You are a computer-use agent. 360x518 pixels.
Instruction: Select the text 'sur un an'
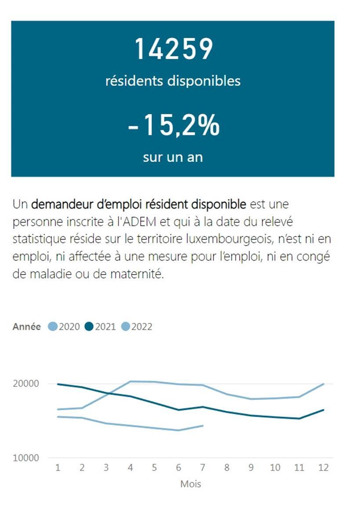[x=173, y=157]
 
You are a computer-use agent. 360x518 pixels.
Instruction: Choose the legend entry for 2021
[x=100, y=327]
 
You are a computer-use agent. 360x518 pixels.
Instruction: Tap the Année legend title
[x=27, y=327]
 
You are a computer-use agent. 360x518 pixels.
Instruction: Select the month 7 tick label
[x=202, y=468]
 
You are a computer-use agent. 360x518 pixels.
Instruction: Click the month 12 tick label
[x=323, y=468]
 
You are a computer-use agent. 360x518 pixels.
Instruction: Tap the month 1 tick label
[x=58, y=468]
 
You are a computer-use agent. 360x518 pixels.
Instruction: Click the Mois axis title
[x=191, y=484]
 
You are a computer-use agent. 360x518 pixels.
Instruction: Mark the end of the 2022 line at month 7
[x=202, y=425]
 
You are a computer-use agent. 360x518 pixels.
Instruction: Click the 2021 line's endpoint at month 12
[x=324, y=410]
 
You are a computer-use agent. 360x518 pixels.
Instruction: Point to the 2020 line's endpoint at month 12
[x=324, y=384]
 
